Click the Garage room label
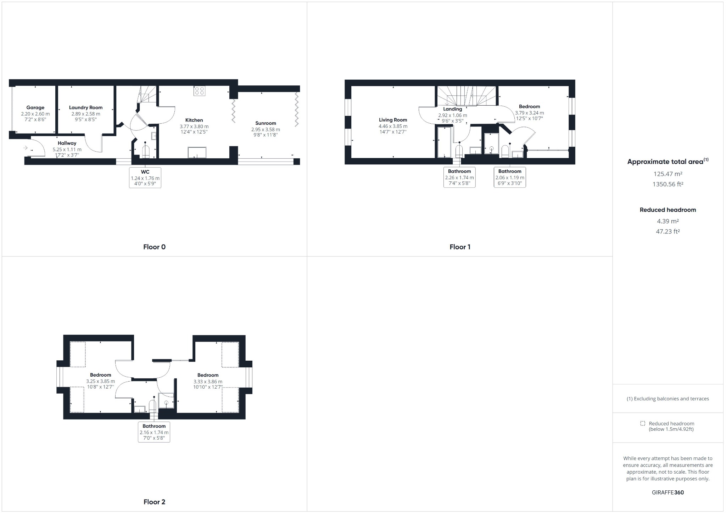(x=35, y=108)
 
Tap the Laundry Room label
(x=86, y=108)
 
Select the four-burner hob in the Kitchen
(x=199, y=91)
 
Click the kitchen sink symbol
(x=197, y=152)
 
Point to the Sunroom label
(x=266, y=123)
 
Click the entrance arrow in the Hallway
(x=26, y=148)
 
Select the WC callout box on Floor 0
(x=145, y=177)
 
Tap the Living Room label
(x=393, y=120)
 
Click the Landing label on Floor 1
(x=453, y=109)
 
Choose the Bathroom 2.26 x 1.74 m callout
(x=459, y=177)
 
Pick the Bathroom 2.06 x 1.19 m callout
(x=510, y=177)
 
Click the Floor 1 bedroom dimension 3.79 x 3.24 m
(x=529, y=113)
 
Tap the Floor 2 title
(x=154, y=502)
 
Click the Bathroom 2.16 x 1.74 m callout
(x=154, y=432)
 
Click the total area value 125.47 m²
(x=668, y=174)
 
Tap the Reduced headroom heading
(x=668, y=210)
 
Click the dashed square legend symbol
(x=643, y=423)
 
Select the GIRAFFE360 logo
(x=668, y=492)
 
